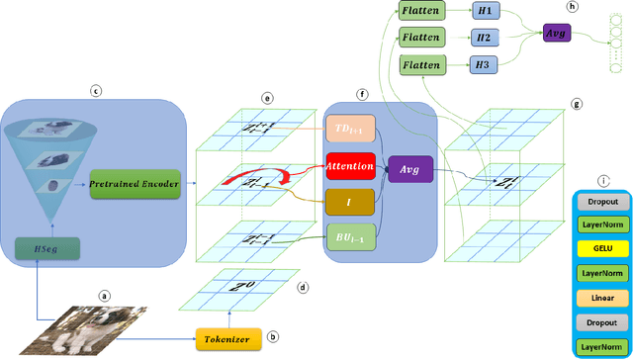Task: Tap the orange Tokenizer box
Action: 228,338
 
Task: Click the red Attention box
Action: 349,168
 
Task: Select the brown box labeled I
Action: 349,202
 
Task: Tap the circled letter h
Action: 571,7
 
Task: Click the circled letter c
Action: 96,91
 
